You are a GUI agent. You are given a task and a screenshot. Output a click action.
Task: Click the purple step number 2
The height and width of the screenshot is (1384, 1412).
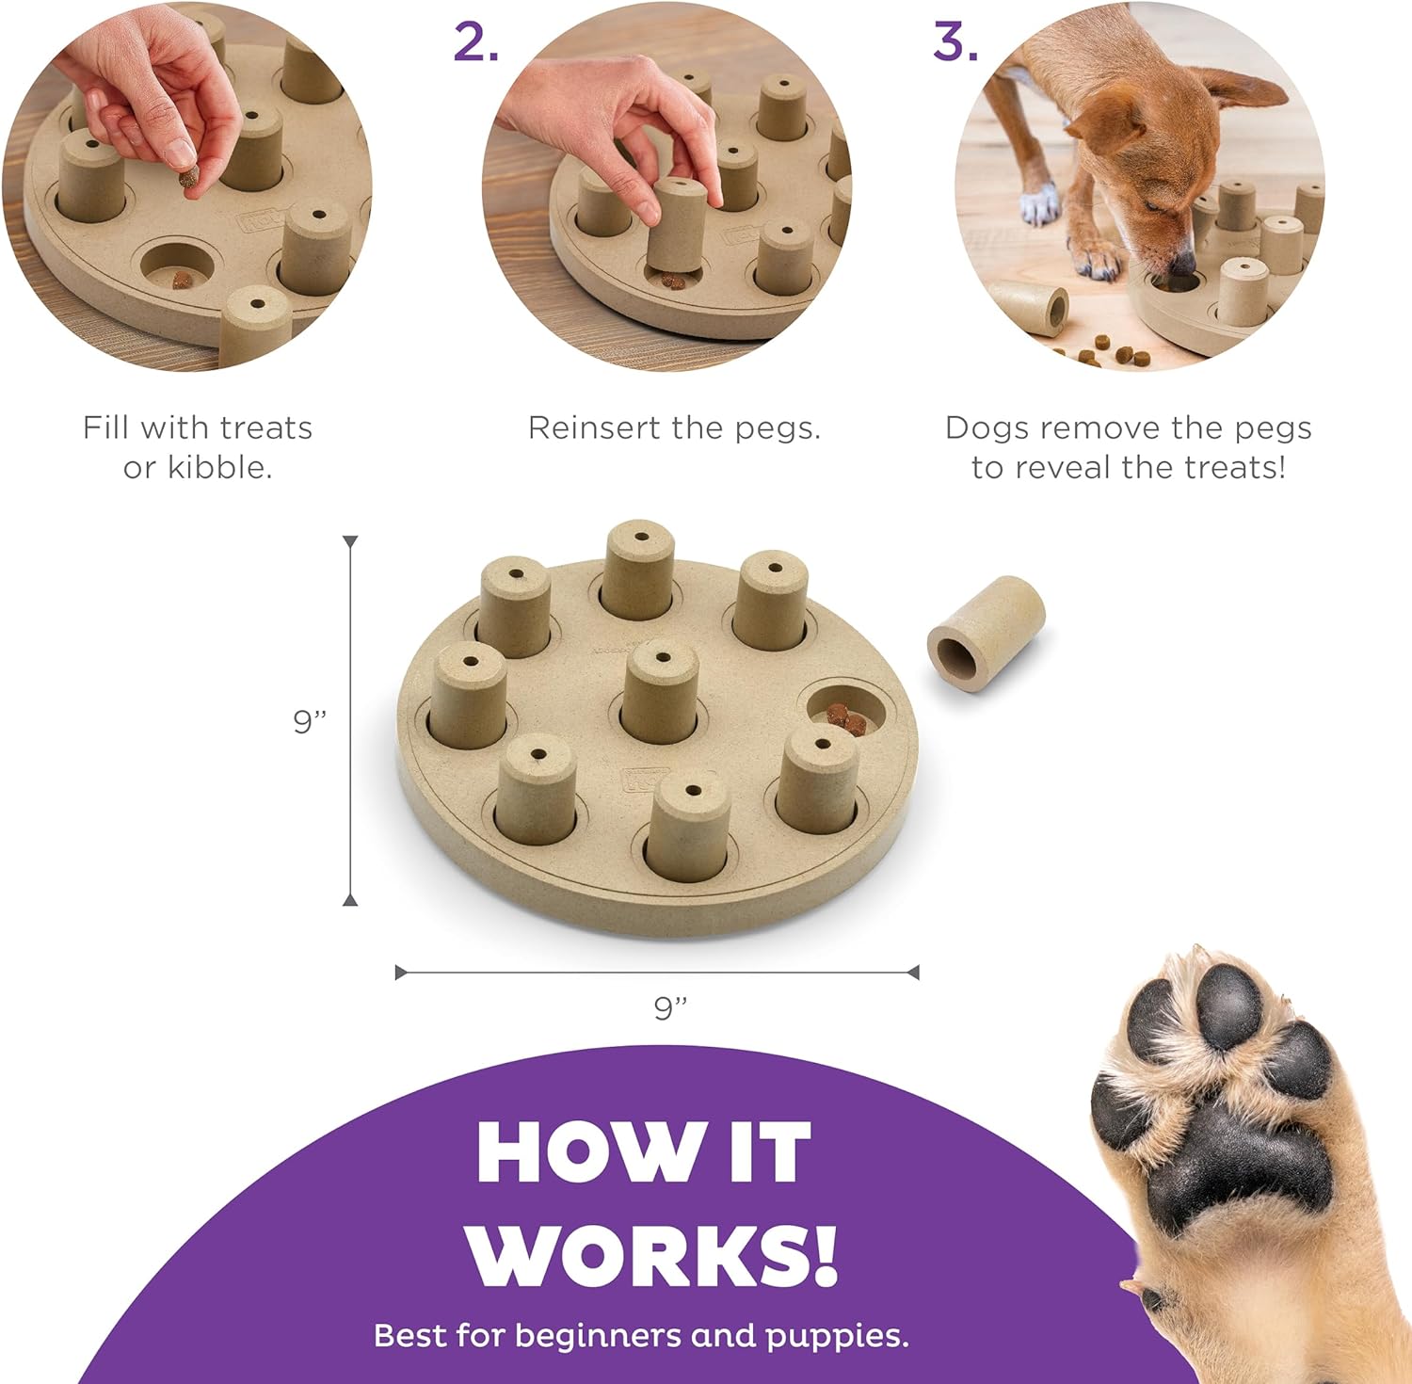[x=475, y=42]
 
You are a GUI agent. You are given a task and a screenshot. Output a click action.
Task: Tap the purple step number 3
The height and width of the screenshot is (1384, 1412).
[x=955, y=42]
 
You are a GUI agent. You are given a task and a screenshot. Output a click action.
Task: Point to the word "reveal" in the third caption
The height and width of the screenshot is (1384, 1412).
[x=1100, y=467]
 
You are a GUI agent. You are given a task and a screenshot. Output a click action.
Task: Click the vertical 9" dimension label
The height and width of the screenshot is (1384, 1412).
[x=310, y=721]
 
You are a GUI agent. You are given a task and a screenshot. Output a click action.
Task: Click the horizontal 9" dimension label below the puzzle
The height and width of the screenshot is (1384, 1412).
[x=670, y=1008]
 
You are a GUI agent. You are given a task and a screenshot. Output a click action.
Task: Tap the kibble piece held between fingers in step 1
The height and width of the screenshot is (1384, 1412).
[x=190, y=178]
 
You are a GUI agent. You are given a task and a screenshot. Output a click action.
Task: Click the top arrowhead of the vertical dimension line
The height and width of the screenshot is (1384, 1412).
[x=350, y=542]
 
